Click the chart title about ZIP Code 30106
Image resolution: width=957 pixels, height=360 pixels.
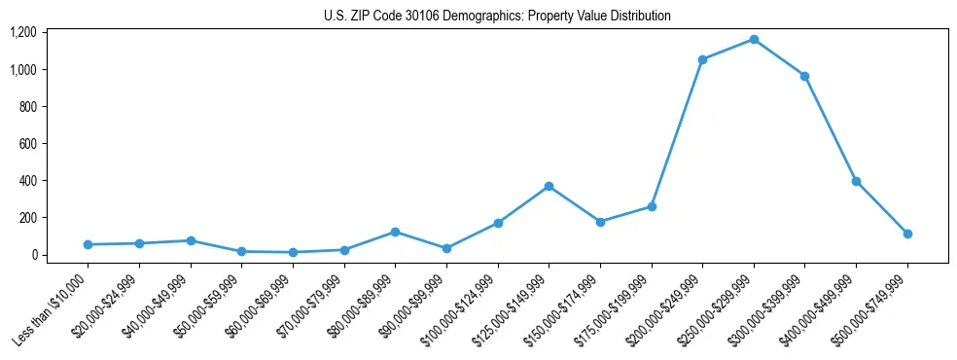[497, 17]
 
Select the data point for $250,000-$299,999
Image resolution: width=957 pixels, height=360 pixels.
[754, 40]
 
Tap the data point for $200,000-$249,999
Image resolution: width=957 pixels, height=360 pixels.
[702, 59]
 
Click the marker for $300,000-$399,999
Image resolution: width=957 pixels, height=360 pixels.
[805, 76]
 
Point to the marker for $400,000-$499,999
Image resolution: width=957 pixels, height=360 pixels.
[856, 181]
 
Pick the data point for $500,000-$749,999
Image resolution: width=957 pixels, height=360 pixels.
[907, 234]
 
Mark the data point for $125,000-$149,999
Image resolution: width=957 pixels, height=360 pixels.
[549, 186]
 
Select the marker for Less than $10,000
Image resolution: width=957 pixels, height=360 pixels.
[88, 244]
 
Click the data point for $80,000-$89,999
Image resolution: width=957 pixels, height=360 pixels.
[395, 232]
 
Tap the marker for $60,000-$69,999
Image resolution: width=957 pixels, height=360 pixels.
[293, 252]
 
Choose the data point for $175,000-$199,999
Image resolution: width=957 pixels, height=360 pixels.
[652, 206]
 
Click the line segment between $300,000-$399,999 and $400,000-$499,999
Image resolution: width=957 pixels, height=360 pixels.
[831, 128]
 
